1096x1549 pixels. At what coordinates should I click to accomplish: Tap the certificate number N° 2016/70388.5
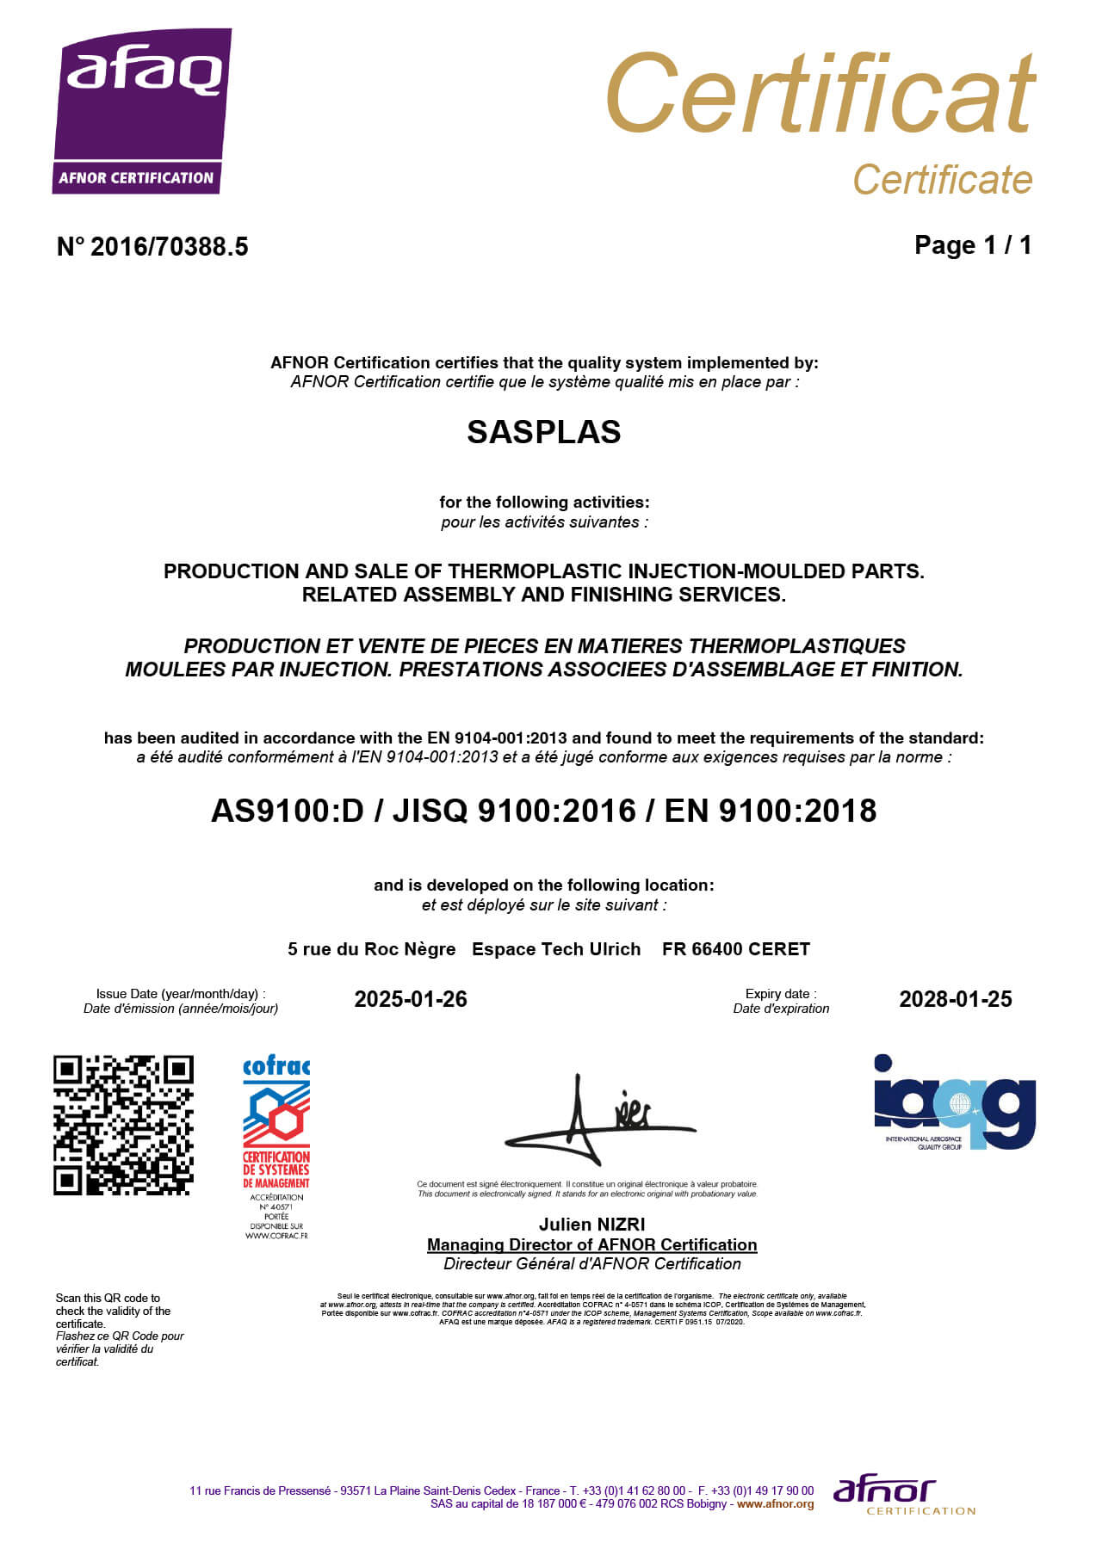click(152, 247)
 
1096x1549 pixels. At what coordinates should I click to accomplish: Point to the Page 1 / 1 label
click(972, 245)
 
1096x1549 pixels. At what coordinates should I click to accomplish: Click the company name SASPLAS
click(543, 432)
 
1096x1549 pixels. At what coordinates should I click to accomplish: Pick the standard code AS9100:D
click(288, 811)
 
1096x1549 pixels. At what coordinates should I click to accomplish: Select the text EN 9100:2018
click(770, 811)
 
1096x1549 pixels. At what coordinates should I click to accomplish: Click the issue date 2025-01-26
click(411, 999)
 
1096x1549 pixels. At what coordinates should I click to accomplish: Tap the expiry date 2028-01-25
click(955, 999)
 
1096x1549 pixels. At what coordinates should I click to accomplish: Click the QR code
click(123, 1125)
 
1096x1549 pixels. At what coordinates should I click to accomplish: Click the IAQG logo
click(954, 1102)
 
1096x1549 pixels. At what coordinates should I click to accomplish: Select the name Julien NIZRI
click(591, 1225)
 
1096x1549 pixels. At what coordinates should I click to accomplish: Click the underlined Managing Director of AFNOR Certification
click(591, 1244)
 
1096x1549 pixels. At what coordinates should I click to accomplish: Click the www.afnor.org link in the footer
click(775, 1504)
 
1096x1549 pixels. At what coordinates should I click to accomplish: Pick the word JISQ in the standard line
click(430, 811)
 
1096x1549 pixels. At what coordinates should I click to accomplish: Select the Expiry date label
click(780, 994)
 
